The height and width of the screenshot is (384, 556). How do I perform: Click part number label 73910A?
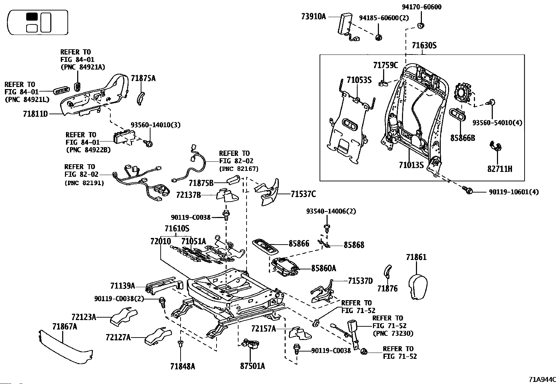click(x=313, y=16)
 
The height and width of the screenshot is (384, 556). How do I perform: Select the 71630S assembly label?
click(x=424, y=45)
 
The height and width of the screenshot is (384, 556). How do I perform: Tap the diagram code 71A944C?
click(x=541, y=379)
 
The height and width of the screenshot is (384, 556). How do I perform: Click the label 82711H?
click(x=500, y=169)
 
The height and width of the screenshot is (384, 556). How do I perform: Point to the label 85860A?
click(x=323, y=268)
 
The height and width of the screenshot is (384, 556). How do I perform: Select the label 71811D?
click(x=35, y=114)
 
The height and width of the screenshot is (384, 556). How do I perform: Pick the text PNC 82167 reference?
click(x=239, y=169)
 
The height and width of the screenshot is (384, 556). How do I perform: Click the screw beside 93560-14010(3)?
click(x=149, y=143)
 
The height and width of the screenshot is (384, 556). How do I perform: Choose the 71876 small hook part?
click(x=387, y=271)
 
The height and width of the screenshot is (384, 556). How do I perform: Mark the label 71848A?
click(x=182, y=366)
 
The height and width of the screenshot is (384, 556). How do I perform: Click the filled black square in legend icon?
click(x=32, y=17)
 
